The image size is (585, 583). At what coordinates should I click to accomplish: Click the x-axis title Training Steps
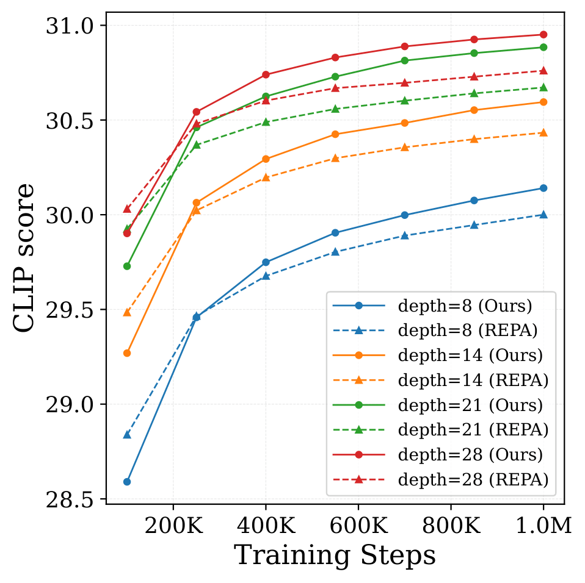[x=335, y=556]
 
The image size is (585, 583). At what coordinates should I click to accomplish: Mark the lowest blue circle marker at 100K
[x=127, y=482]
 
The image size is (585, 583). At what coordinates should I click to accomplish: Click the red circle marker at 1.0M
[x=543, y=35]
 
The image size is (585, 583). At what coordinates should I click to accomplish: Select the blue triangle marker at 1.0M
[x=543, y=215]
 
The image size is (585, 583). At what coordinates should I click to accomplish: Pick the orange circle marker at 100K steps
[x=127, y=353]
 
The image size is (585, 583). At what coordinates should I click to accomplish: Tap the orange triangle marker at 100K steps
[x=127, y=312]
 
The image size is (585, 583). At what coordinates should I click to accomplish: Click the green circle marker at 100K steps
[x=127, y=266]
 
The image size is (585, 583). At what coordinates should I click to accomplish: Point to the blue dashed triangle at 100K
[x=127, y=435]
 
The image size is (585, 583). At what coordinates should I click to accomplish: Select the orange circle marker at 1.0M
[x=543, y=102]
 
